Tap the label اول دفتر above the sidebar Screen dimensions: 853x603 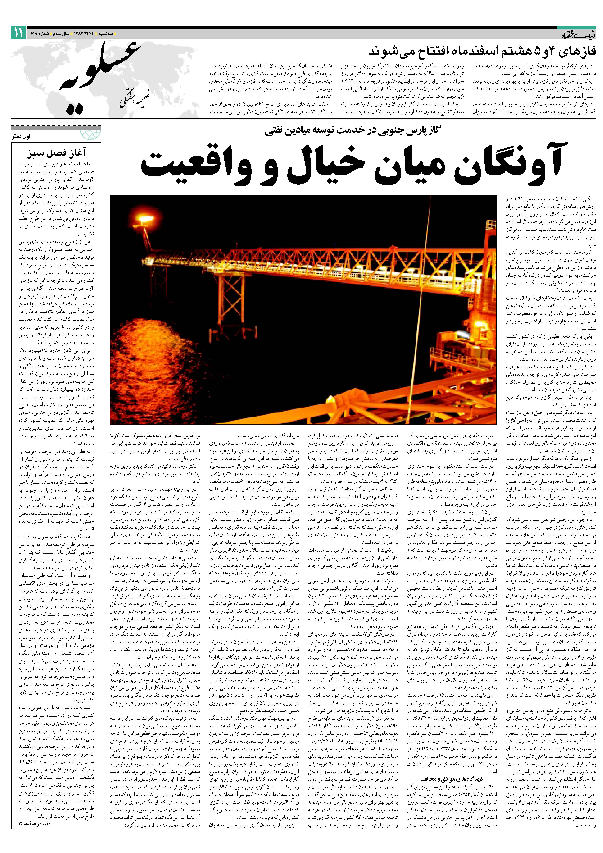pos(21,136)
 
